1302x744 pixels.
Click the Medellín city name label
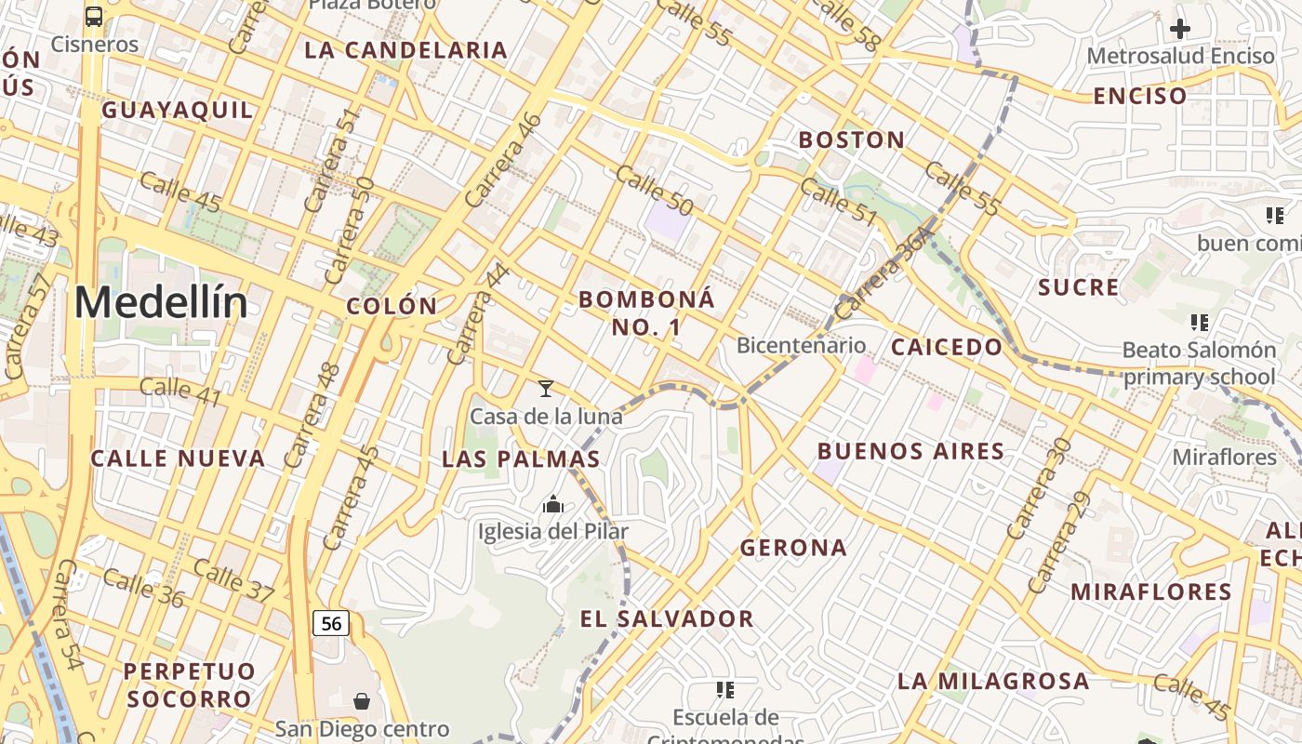point(161,303)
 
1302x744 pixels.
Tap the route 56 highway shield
point(331,623)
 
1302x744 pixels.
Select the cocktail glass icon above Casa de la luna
point(546,389)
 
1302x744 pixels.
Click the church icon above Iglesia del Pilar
point(553,505)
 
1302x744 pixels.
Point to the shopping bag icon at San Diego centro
point(362,701)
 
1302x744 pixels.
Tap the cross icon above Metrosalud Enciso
point(1179,29)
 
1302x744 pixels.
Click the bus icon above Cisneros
point(94,16)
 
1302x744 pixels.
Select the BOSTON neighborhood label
point(852,140)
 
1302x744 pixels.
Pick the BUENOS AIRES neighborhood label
point(910,452)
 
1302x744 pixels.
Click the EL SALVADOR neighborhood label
point(667,619)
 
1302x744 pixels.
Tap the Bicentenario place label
point(801,346)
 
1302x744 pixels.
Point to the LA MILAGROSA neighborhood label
point(993,681)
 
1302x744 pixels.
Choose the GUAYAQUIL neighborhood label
point(177,110)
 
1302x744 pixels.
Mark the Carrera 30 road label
point(1039,488)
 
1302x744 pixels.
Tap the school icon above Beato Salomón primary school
point(1199,323)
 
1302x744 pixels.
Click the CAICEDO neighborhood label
point(947,348)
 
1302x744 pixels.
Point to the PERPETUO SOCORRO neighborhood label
point(189,684)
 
